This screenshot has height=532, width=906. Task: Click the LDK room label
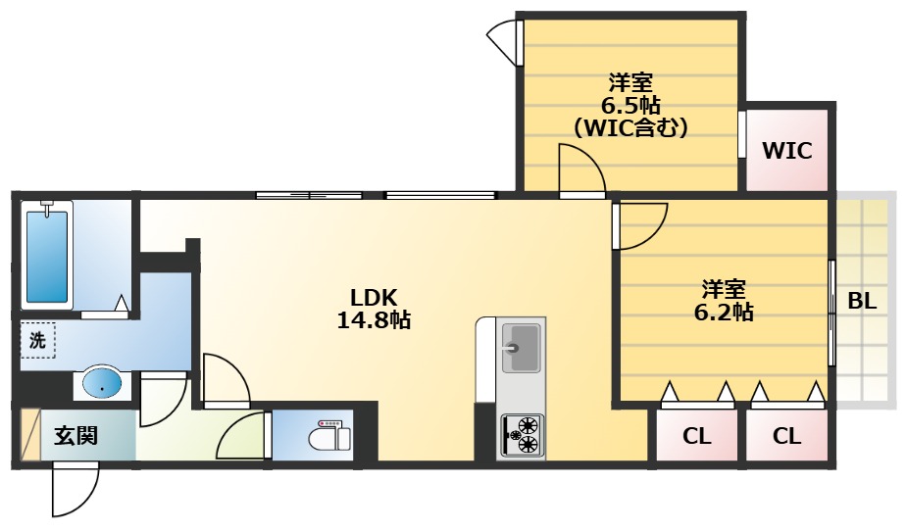tap(374, 298)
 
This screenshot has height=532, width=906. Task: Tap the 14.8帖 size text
tap(374, 319)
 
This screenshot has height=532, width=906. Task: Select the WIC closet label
tap(787, 151)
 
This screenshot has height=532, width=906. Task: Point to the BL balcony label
tap(862, 301)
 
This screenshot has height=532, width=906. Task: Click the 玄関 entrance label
tap(75, 436)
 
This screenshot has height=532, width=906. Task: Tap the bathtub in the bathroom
tap(47, 256)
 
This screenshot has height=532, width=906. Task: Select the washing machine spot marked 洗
tap(37, 340)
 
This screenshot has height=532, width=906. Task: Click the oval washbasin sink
tap(102, 382)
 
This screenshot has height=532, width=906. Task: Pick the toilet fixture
tap(329, 436)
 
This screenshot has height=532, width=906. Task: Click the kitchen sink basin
tap(521, 348)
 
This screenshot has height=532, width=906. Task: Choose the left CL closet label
tap(696, 437)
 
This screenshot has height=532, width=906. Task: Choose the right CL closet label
tap(786, 437)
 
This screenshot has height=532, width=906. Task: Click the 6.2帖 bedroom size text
tap(724, 313)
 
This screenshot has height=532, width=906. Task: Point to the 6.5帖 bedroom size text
tap(631, 106)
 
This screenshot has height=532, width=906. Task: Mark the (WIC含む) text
tap(630, 127)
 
